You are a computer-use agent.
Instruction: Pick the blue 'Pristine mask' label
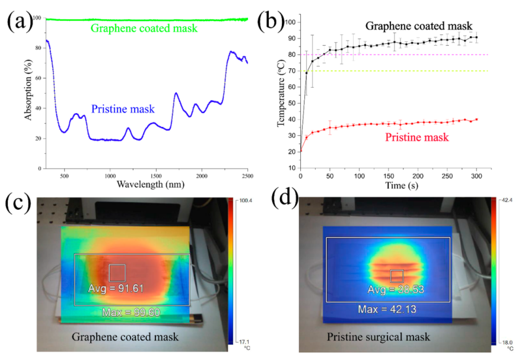(x=122, y=109)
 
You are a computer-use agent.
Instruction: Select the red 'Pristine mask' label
(x=417, y=138)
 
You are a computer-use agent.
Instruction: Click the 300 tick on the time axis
(x=475, y=176)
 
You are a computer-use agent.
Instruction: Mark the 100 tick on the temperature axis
(x=290, y=23)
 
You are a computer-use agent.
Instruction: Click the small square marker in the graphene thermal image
(x=117, y=273)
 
